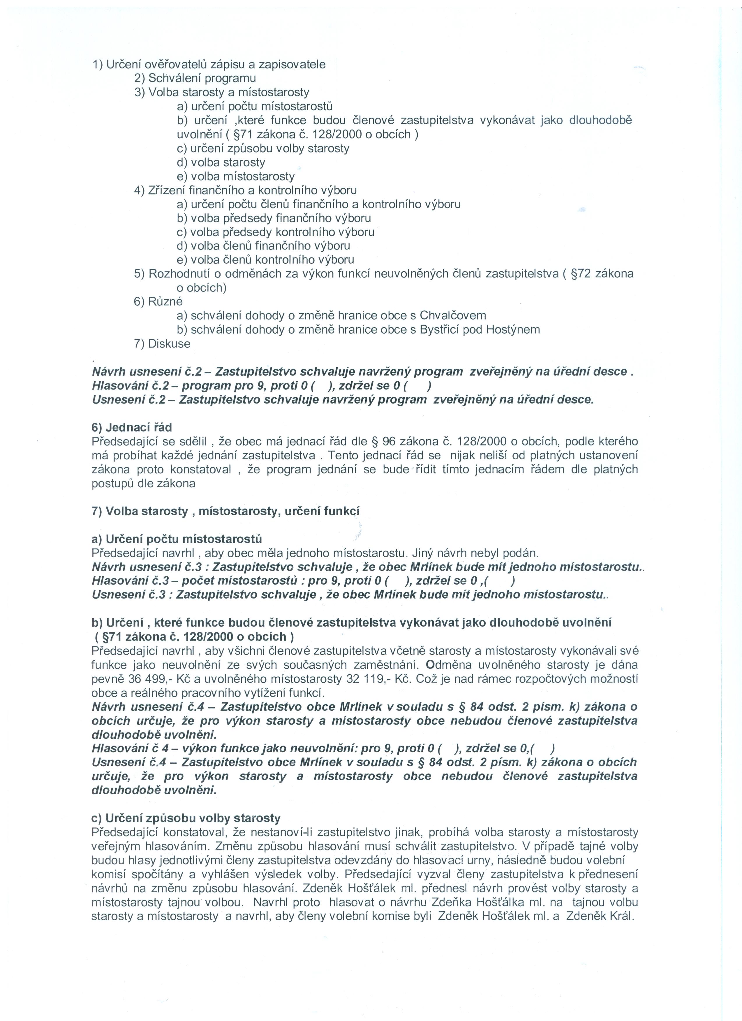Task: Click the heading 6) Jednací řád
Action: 132,427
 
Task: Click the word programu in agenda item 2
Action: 230,78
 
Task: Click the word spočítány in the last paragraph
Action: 155,874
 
